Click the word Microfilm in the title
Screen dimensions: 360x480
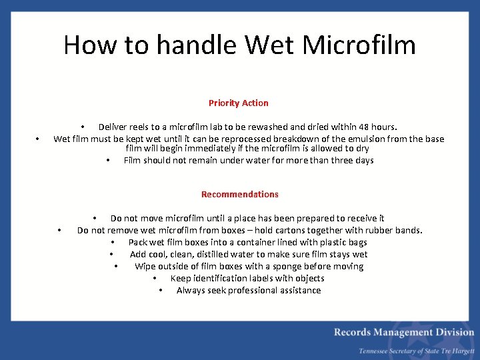coord(359,45)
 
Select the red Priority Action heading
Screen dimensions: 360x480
coord(239,103)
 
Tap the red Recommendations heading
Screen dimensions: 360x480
coord(240,194)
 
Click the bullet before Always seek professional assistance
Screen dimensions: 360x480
coord(161,291)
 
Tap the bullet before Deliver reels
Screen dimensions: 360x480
coord(83,127)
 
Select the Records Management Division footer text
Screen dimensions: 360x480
coord(404,332)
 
